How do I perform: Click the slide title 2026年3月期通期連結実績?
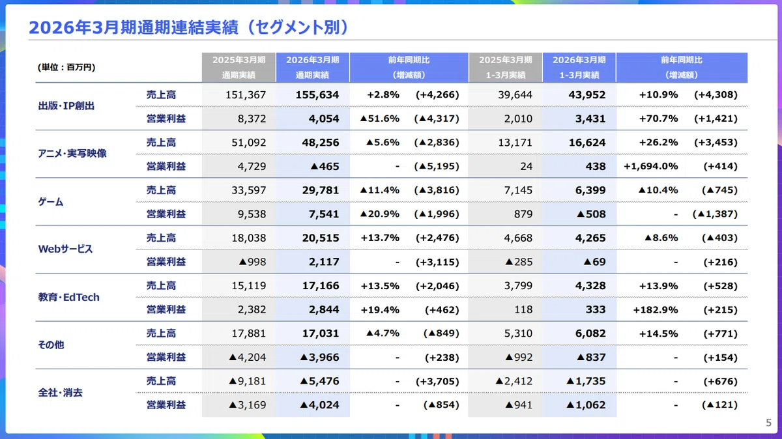click(134, 27)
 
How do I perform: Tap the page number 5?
click(768, 423)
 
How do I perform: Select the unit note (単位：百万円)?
click(66, 67)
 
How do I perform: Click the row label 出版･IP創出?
click(66, 106)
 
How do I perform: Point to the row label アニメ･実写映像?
click(72, 153)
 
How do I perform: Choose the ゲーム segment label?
click(51, 202)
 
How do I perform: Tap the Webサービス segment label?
click(65, 249)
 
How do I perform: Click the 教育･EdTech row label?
click(69, 297)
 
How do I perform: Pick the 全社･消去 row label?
click(60, 393)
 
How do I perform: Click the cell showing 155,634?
click(317, 94)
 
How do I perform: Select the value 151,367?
click(246, 94)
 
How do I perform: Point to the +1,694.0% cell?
click(651, 166)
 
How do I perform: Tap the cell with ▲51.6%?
click(379, 119)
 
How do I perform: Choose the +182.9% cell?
click(656, 309)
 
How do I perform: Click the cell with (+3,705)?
click(437, 382)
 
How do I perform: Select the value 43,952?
click(587, 94)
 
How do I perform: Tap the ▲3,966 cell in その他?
click(319, 358)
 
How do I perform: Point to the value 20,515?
click(321, 238)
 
